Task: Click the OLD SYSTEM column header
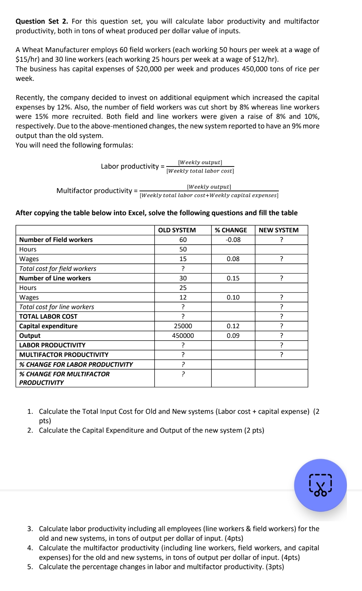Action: (x=177, y=230)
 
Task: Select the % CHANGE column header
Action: (x=231, y=230)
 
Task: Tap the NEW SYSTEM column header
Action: (x=279, y=230)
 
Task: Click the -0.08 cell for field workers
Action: (x=233, y=240)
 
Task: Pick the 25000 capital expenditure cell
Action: (x=183, y=326)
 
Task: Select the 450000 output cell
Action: (x=183, y=336)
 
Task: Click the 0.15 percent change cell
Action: (x=233, y=278)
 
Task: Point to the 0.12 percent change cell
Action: (x=233, y=326)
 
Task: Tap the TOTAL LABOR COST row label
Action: (x=48, y=316)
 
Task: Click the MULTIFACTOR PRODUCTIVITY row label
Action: (x=64, y=355)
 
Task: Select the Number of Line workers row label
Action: (x=55, y=278)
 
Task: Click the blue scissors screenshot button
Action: (x=320, y=485)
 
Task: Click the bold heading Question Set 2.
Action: (x=42, y=21)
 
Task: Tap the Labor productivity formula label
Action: (x=130, y=166)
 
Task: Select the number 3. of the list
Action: (x=30, y=529)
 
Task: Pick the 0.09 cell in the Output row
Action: (x=233, y=336)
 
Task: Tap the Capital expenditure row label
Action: (x=48, y=326)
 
